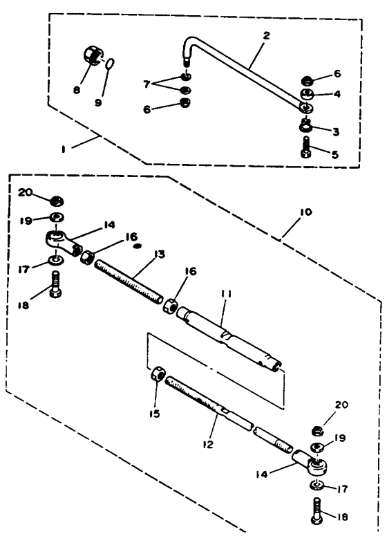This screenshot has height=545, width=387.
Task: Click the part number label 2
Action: point(267,35)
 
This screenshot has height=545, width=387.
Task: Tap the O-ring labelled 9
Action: point(110,64)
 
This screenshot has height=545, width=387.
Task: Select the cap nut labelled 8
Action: point(93,55)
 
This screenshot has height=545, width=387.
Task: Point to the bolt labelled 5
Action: point(306,149)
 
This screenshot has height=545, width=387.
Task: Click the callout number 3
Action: point(336,131)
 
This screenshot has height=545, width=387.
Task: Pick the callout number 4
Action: point(337,94)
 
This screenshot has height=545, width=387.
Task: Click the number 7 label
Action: point(147,84)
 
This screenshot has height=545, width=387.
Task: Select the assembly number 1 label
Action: point(63,149)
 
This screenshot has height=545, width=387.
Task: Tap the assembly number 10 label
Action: point(305,212)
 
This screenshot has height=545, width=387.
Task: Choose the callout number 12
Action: point(208,444)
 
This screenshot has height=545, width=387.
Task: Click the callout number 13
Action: point(160,255)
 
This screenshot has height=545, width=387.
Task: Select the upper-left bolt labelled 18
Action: point(55,285)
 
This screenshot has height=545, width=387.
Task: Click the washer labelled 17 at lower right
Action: point(316,486)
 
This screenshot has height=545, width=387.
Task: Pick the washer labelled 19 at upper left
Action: point(55,218)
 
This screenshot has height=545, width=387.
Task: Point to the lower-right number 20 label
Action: point(341,405)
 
